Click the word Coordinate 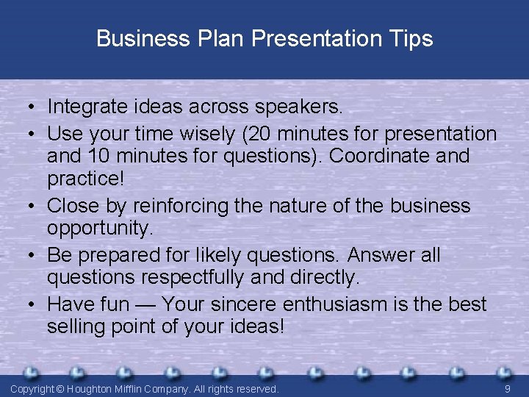(392, 156)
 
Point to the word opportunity (100, 228)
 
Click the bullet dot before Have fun (34, 304)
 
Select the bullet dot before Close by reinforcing (34, 206)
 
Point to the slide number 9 (507, 388)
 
